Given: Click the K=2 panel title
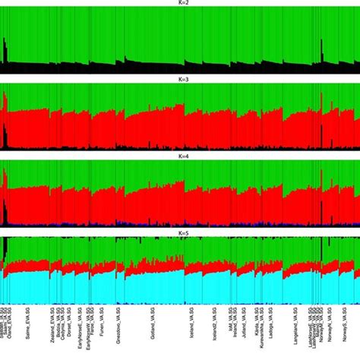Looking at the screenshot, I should click(180, 4).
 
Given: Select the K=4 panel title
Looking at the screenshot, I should click(180, 156).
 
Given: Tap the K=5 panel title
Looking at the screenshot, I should click(180, 231).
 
